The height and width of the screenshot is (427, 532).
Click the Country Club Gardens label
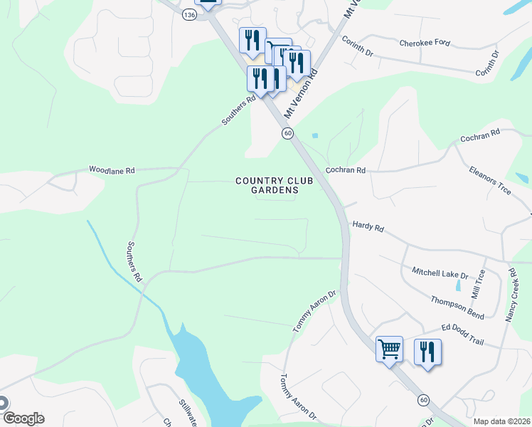(266, 185)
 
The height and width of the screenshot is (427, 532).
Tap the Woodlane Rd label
(112, 170)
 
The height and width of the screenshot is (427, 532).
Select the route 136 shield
(188, 15)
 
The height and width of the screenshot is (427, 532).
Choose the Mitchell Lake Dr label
(440, 274)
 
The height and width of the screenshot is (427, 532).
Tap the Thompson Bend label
(457, 305)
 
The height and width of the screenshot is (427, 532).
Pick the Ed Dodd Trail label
(462, 332)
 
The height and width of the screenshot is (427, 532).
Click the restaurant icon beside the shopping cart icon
(427, 352)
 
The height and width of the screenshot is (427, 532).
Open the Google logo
(23, 418)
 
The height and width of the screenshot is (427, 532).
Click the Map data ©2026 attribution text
(501, 421)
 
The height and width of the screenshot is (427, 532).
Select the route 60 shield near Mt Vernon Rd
(287, 133)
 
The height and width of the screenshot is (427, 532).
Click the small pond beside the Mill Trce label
(458, 288)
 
